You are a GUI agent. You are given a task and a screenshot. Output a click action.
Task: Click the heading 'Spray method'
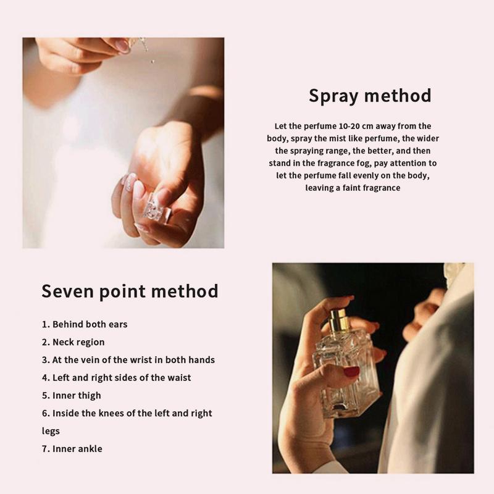coord(370,96)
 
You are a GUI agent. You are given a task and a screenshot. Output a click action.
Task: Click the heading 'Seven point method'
coord(130,291)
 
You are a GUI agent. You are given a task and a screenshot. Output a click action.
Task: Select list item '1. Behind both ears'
coord(85,324)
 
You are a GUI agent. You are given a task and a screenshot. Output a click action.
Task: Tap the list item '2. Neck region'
coord(73,342)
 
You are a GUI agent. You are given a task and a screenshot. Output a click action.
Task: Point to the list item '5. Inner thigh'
coord(71,395)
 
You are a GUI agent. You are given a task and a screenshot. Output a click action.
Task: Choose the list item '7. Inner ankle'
coord(72,449)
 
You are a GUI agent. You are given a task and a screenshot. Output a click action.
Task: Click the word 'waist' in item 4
coord(178,377)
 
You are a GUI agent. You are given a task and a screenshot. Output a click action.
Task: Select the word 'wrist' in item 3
coord(157,359)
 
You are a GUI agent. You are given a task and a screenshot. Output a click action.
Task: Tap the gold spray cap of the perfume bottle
coord(338,319)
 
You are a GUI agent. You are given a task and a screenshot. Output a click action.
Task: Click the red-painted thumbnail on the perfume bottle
coord(351,372)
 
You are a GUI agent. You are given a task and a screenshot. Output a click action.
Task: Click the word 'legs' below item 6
coord(51,431)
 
